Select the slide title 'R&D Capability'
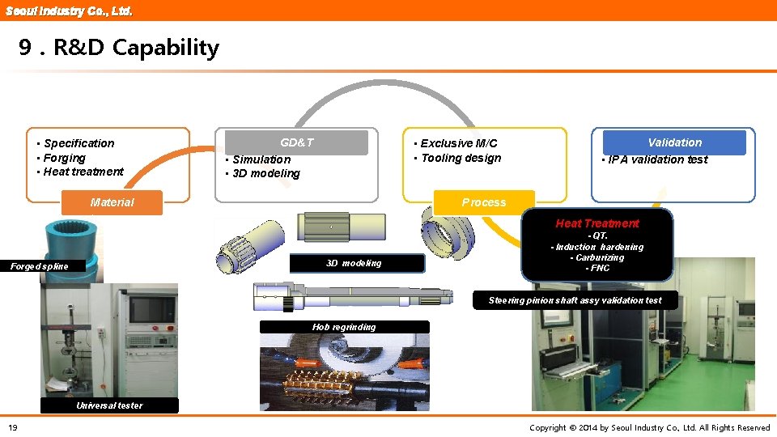click(x=119, y=48)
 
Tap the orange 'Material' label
click(x=113, y=202)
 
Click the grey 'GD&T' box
click(x=296, y=142)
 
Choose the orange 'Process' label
click(x=484, y=202)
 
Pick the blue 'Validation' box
click(x=674, y=142)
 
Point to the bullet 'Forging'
click(x=64, y=158)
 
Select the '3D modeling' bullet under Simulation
click(x=265, y=173)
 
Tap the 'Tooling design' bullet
click(x=461, y=158)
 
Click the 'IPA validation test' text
click(x=657, y=159)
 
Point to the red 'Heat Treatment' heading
click(x=597, y=223)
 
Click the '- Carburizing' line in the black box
click(x=597, y=257)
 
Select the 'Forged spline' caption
click(x=40, y=266)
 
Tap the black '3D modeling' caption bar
click(x=354, y=263)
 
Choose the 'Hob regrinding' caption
click(x=344, y=327)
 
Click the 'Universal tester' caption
click(x=109, y=405)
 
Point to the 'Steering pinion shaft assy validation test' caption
click(x=575, y=300)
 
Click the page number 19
click(x=13, y=427)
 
